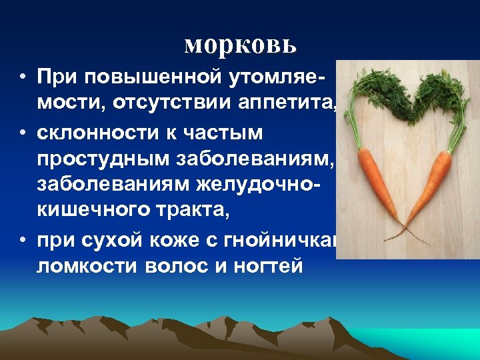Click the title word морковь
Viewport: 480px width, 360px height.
pos(239,45)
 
